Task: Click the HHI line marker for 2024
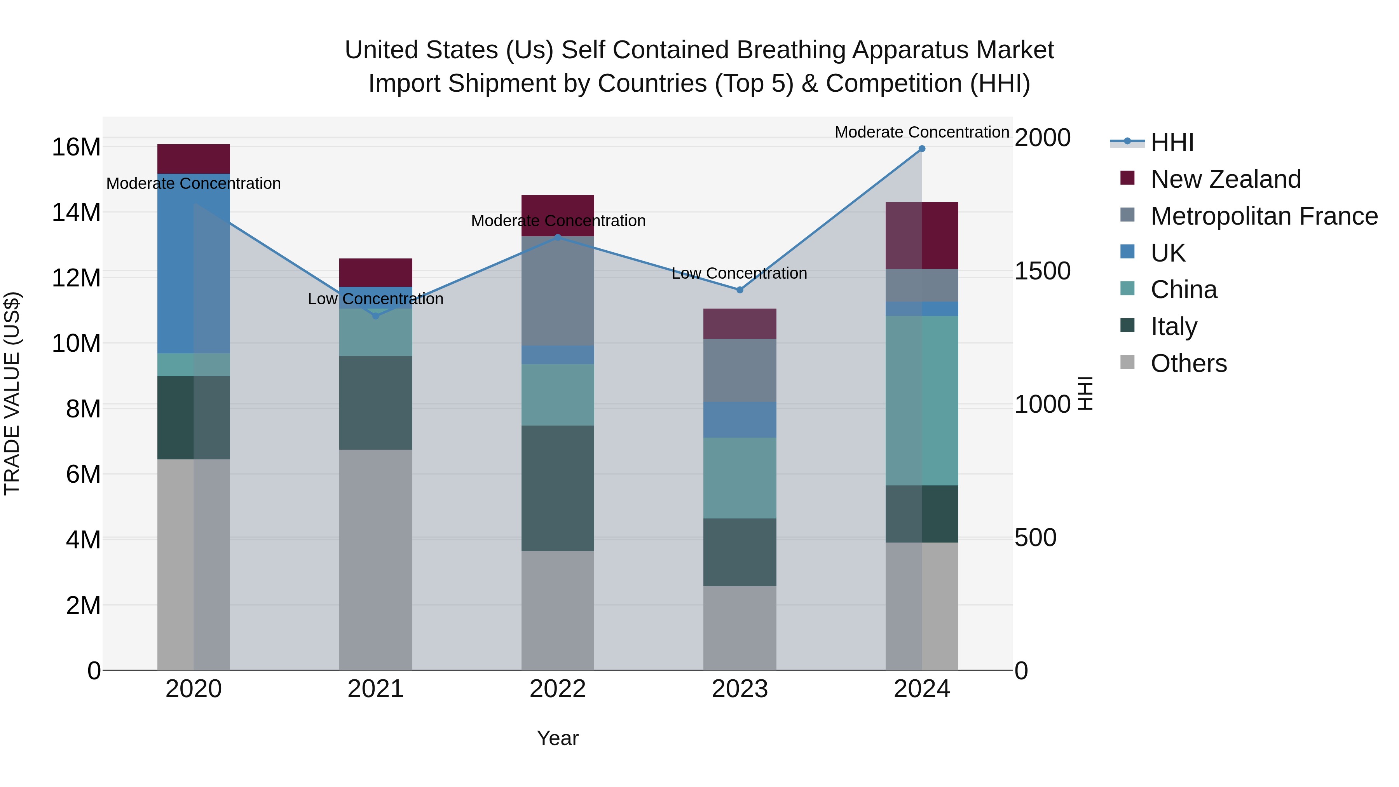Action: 922,149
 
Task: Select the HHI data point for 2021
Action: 376,316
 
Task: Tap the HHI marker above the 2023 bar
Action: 740,290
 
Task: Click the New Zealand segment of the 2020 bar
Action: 194,159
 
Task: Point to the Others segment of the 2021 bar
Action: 376,559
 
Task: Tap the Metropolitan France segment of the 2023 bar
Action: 740,370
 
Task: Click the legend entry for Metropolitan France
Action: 1264,216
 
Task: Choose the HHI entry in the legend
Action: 1172,142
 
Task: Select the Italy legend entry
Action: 1174,326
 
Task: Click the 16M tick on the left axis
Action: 76,147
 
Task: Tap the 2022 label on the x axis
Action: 558,689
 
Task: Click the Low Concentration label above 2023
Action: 739,273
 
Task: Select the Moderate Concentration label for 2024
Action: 922,132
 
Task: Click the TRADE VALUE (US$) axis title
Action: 12,393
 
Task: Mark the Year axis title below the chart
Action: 558,738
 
